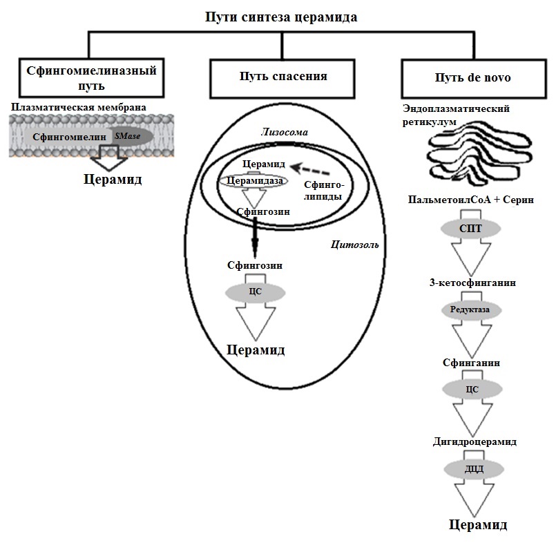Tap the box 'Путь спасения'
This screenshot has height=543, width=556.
tap(279, 76)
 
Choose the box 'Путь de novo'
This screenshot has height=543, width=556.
tap(472, 77)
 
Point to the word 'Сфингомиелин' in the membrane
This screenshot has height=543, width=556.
tap(68, 137)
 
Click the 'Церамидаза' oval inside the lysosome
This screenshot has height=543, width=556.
tap(254, 180)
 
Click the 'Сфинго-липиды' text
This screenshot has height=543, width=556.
tap(324, 191)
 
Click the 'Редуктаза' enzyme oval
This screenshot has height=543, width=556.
tap(471, 309)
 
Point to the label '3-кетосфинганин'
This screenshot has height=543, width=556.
tap(472, 282)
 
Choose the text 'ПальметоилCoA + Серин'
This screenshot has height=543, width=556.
tap(472, 200)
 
